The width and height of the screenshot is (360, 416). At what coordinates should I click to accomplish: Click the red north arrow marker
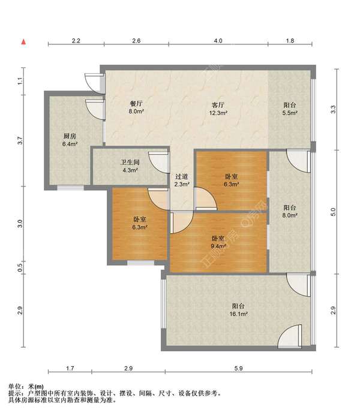pyautogui.click(x=23, y=41)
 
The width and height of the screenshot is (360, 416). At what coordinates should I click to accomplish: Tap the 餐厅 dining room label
pyautogui.click(x=136, y=104)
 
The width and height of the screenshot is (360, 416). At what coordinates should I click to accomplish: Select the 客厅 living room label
pyautogui.click(x=218, y=105)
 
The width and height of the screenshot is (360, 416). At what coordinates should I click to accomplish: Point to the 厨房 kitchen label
pyautogui.click(x=70, y=136)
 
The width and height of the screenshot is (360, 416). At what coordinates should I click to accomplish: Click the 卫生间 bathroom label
pyautogui.click(x=130, y=162)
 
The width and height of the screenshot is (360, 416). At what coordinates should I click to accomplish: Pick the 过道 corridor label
pyautogui.click(x=182, y=176)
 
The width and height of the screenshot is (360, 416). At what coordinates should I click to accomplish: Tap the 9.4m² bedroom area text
pyautogui.click(x=218, y=246)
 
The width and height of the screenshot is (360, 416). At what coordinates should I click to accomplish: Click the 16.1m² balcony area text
pyautogui.click(x=239, y=314)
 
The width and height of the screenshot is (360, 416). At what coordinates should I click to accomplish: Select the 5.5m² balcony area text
pyautogui.click(x=290, y=113)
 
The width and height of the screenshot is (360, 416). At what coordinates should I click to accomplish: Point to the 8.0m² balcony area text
pyautogui.click(x=290, y=215)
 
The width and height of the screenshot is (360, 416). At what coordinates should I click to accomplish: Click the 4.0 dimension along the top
pyautogui.click(x=218, y=41)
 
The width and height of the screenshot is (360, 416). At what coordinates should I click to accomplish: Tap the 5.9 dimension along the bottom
pyautogui.click(x=238, y=368)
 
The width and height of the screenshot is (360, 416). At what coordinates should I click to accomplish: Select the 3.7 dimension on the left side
pyautogui.click(x=20, y=140)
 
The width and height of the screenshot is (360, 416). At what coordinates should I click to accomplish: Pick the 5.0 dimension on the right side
pyautogui.click(x=333, y=212)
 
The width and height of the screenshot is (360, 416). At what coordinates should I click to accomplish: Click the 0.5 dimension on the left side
pyautogui.click(x=20, y=267)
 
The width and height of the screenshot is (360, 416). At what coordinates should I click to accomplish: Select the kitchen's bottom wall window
pyautogui.click(x=71, y=188)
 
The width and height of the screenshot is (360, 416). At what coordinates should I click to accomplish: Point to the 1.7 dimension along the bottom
pyautogui.click(x=70, y=368)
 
